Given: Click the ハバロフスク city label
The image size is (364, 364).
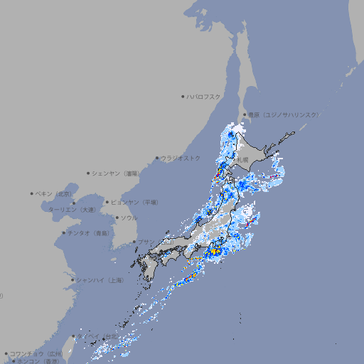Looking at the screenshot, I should pos(204,96).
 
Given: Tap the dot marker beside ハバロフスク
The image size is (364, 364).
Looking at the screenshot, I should pos(183,96).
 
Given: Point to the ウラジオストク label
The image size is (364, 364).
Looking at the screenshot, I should pos(181,158).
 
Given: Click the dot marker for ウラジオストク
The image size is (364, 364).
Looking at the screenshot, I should pos(157,158).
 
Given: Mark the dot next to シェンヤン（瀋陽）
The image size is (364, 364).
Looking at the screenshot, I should pos(89,173).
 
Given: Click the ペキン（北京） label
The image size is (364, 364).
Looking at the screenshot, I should pos(55,193).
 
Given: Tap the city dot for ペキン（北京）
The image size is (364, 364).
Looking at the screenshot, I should pos(32,193).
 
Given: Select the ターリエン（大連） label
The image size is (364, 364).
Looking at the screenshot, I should pos(73,210).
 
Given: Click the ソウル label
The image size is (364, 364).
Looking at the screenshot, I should pos(129,218).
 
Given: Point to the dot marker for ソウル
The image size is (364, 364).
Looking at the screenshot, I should pos(116,218).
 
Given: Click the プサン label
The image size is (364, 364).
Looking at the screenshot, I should pos(146,242).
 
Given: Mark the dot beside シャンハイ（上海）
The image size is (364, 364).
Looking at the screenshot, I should pos(72,280).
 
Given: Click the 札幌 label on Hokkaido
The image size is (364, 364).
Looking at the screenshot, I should pos(243,160).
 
